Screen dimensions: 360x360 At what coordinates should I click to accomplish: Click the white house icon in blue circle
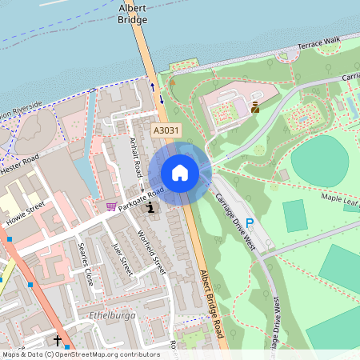pos(180,172)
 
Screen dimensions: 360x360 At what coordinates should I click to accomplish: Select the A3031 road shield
pos(166,129)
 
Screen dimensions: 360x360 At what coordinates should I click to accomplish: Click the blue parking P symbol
pos(250,223)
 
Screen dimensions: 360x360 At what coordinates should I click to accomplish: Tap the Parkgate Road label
pos(141,199)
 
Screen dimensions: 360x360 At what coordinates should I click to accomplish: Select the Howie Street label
pos(26,213)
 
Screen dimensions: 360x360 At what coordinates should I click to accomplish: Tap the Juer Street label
pos(121,256)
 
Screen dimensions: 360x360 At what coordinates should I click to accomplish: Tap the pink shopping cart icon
pos(110,206)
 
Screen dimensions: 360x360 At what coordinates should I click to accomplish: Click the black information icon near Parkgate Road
pos(151,208)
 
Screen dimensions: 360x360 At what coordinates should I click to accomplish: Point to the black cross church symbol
pos(58,341)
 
